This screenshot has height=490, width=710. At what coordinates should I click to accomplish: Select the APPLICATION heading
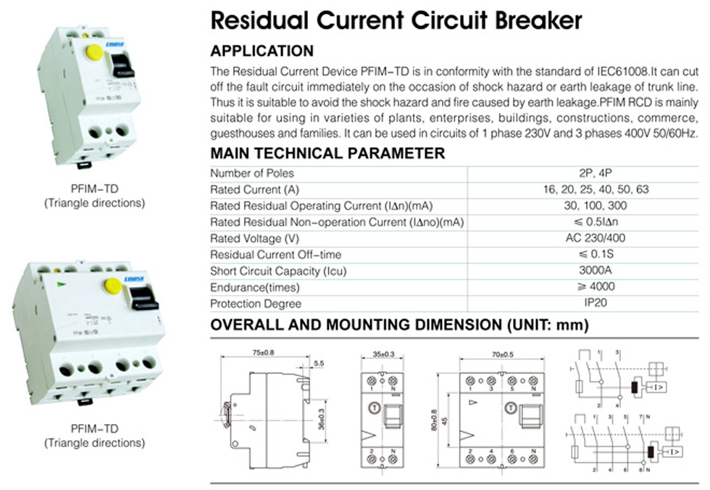click(x=262, y=51)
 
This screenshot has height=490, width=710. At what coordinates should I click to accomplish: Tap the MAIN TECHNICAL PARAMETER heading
click(x=327, y=154)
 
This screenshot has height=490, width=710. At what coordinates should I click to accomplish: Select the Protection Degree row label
click(x=256, y=304)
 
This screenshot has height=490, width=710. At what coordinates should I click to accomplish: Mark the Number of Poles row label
click(x=252, y=173)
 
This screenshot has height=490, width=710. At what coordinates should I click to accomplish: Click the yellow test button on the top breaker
click(x=94, y=52)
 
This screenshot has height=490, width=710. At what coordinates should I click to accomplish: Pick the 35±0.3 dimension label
click(x=385, y=354)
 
